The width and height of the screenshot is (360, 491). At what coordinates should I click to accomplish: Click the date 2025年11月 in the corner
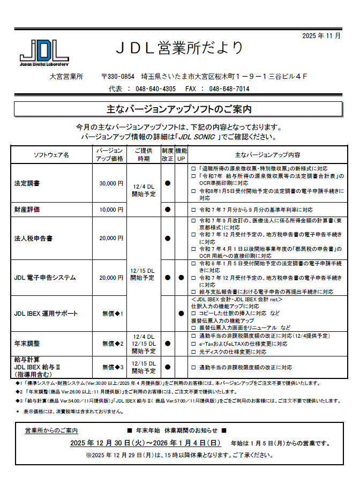pos(321,36)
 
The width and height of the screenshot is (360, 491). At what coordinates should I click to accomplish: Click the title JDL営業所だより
pos(180,48)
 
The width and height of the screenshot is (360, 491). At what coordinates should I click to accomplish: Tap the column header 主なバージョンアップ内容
pos(267,155)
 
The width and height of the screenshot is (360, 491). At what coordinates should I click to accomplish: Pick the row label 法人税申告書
pos(34,238)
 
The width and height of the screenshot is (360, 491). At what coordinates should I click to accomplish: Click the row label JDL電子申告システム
pos(45,278)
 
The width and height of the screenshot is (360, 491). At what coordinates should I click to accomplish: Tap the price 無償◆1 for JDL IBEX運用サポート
pos(113,313)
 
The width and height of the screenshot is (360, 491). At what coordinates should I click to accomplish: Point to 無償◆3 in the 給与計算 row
pos(113,367)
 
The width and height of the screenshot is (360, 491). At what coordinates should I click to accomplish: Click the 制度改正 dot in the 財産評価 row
pos(168,210)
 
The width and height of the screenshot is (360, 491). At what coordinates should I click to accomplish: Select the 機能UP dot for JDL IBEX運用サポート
pos(181,313)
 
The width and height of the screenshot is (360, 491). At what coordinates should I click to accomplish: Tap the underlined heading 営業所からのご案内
pos(51,430)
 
